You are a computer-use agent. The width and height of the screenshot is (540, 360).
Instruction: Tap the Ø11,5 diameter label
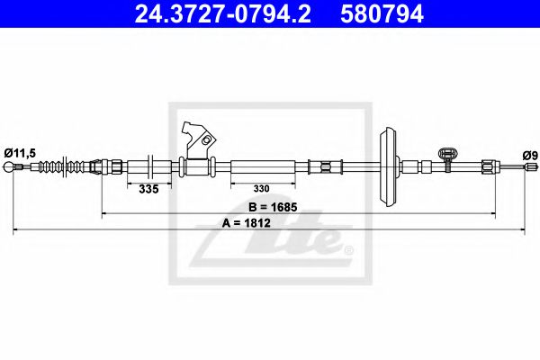[x=19, y=154]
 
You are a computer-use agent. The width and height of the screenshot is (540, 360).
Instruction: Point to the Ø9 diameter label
[x=530, y=156]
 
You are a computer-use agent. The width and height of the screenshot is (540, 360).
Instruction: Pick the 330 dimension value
[x=260, y=190]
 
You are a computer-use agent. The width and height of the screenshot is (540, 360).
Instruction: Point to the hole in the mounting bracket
[x=208, y=140]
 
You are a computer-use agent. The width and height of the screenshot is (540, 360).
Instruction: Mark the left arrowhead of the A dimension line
[x=16, y=231]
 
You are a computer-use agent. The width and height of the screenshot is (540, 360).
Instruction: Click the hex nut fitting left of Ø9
[x=487, y=166]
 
